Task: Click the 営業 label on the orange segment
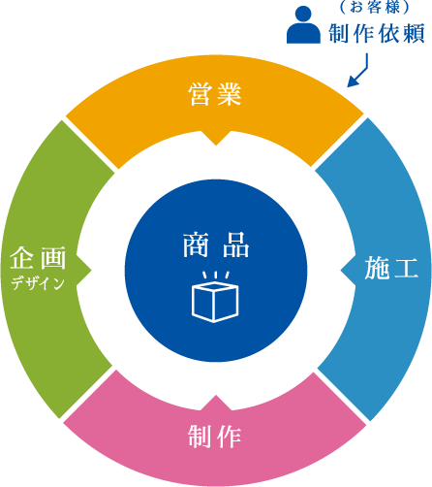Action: click(x=215, y=94)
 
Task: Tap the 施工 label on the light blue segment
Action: click(x=391, y=268)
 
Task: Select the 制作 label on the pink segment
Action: click(x=215, y=437)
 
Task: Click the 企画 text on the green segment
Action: click(x=38, y=258)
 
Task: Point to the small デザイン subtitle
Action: click(x=38, y=283)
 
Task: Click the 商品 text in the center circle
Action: click(x=216, y=245)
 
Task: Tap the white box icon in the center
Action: click(x=215, y=302)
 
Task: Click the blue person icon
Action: click(x=303, y=24)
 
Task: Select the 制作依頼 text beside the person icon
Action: click(x=377, y=33)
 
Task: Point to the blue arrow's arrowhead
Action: click(x=353, y=81)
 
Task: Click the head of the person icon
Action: click(x=303, y=14)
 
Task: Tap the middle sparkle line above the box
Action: click(x=215, y=275)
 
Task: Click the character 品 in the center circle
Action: click(x=236, y=245)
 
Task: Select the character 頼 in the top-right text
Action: click(x=413, y=33)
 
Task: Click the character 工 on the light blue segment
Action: click(x=406, y=268)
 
